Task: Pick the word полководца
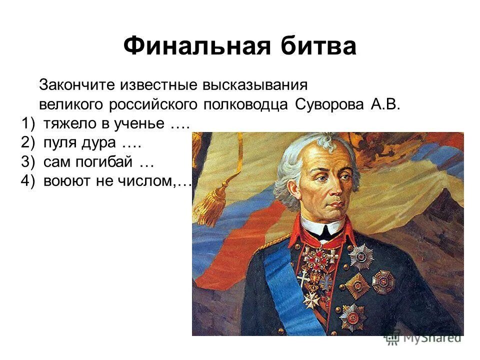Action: pyautogui.click(x=245, y=105)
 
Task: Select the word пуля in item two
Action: pyautogui.click(x=57, y=143)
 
